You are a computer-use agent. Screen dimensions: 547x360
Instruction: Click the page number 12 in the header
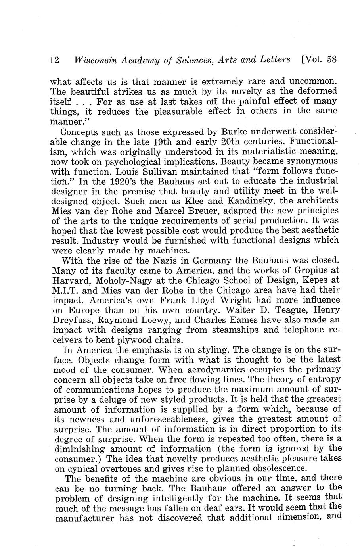54,60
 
